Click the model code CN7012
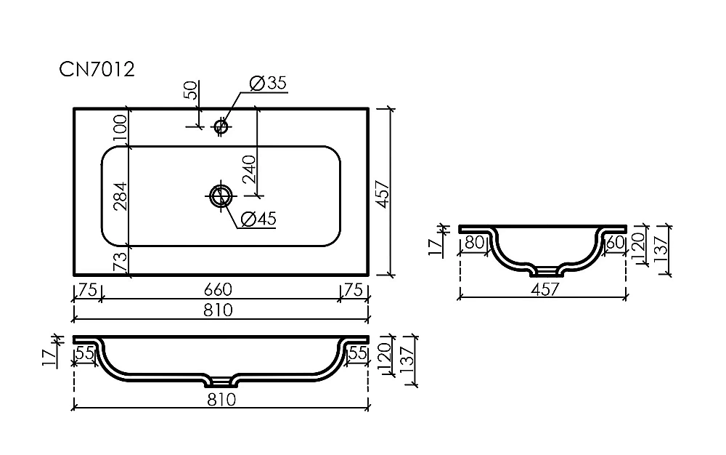click(97, 70)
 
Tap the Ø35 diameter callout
click(268, 83)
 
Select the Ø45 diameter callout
click(258, 218)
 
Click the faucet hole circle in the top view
click(221, 126)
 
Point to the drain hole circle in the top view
click(221, 196)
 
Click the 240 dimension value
click(249, 169)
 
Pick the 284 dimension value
click(120, 196)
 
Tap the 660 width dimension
click(218, 289)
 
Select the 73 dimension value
click(120, 262)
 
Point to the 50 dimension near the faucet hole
click(190, 90)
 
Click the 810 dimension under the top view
click(218, 310)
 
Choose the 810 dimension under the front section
click(221, 399)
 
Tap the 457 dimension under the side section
click(545, 289)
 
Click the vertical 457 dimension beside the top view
click(383, 195)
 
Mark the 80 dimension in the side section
click(474, 242)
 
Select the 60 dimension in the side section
click(615, 242)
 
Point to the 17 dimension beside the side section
click(435, 247)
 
